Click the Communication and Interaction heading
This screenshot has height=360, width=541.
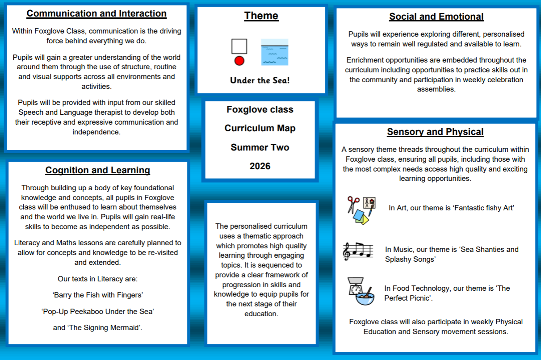(x=96, y=13)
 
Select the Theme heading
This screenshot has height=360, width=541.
(x=261, y=16)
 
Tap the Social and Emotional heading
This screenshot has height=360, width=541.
(x=436, y=17)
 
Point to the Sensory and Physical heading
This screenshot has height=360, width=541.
(x=435, y=132)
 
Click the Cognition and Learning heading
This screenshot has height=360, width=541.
(x=97, y=170)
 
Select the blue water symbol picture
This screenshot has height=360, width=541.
(x=274, y=52)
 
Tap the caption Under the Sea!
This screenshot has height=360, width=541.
(x=260, y=80)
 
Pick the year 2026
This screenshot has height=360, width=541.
(x=260, y=166)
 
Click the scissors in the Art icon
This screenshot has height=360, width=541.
(x=353, y=204)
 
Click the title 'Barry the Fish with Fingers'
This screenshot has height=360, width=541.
(x=97, y=295)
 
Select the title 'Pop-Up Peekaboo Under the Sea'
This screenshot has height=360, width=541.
(x=97, y=311)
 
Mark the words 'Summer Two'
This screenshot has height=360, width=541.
(x=260, y=147)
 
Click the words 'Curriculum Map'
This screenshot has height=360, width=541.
(x=260, y=129)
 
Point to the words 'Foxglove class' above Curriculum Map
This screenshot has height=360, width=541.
(x=260, y=109)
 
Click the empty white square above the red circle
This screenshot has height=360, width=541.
(x=239, y=46)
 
